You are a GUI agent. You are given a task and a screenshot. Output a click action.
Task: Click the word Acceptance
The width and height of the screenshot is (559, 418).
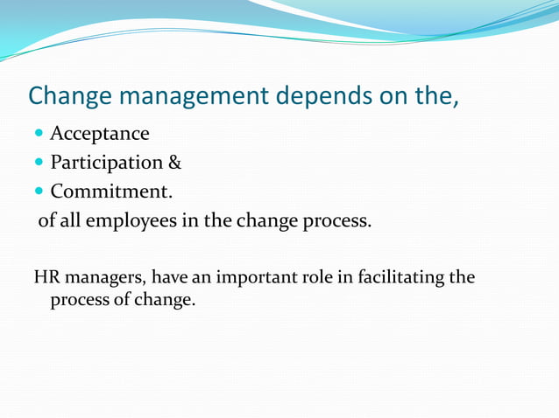pyautogui.click(x=99, y=134)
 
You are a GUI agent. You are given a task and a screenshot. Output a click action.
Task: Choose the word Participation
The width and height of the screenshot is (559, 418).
pyautogui.click(x=106, y=163)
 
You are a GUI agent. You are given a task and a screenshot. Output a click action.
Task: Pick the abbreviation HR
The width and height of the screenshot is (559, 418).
pyautogui.click(x=46, y=278)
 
